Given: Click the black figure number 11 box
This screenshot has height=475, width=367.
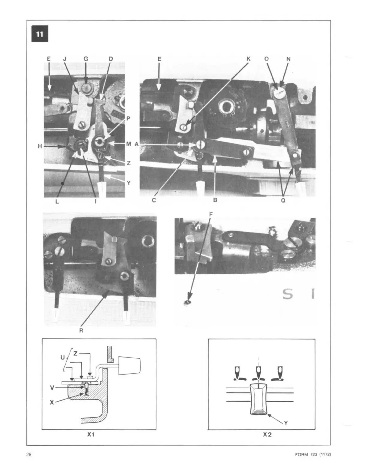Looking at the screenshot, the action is click(40, 34).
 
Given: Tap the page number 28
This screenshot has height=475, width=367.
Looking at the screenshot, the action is click(29, 454).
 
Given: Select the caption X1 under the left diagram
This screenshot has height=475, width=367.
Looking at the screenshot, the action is click(91, 435).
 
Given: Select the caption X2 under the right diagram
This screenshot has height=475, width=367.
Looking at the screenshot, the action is click(267, 435).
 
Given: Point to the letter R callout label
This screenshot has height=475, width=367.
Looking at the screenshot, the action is click(81, 331).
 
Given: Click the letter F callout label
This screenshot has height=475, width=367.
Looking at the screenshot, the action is click(210, 214).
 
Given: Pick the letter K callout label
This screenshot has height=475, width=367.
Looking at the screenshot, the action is click(248, 59).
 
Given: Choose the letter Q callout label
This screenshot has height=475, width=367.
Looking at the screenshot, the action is click(283, 200).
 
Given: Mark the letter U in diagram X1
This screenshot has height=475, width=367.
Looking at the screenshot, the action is click(62, 357).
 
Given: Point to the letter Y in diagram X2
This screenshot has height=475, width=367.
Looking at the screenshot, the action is click(286, 423).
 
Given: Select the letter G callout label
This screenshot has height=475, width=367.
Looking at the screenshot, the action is click(86, 59).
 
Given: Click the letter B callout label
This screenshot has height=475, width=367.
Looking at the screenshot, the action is click(215, 200).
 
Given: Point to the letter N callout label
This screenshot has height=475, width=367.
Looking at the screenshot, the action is click(288, 59).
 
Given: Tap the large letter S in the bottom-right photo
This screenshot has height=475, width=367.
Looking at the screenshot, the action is click(288, 294).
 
